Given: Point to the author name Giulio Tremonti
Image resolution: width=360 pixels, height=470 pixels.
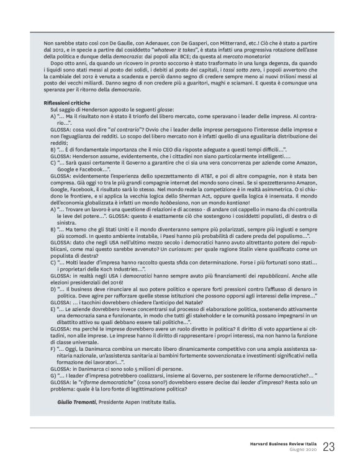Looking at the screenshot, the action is tap(70, 402).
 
